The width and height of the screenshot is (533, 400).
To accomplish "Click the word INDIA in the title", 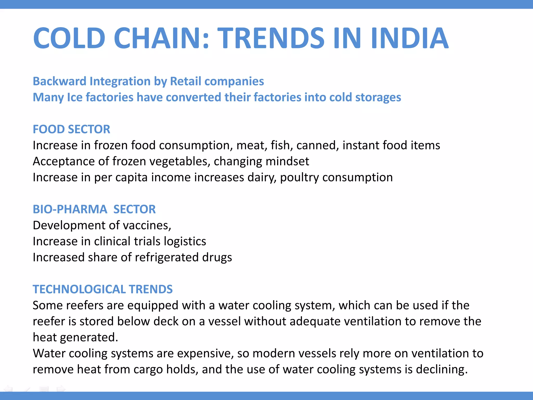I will pos(410,38).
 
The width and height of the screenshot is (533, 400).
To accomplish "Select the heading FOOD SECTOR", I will pos(71,129).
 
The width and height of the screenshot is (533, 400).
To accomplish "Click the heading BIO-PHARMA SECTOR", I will pos(94,209).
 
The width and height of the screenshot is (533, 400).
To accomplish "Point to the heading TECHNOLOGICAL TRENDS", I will pos(103,289).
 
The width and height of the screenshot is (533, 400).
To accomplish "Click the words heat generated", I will pos(75,337).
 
